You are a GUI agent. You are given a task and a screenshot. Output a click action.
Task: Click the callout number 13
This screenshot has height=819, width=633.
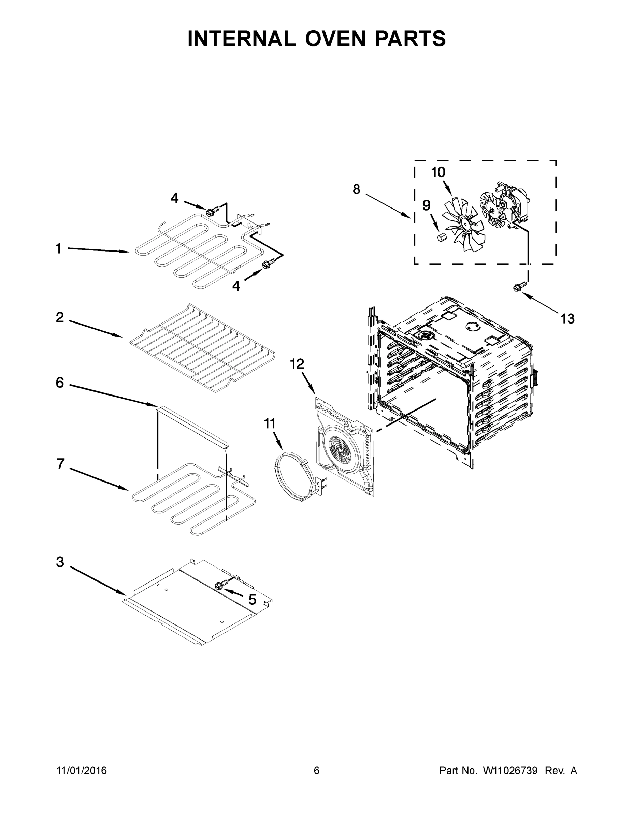point(567,319)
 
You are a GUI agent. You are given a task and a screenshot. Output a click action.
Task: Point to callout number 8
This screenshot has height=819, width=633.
point(356,190)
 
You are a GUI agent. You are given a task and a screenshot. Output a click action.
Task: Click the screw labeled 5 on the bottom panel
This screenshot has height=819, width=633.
point(221,585)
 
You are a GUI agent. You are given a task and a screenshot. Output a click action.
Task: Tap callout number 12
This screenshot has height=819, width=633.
point(297,364)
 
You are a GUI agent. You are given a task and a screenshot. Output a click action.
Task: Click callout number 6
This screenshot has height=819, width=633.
point(60,383)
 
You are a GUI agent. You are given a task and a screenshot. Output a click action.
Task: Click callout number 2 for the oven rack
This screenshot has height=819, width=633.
point(60,318)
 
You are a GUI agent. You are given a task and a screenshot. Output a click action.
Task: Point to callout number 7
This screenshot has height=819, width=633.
point(61,464)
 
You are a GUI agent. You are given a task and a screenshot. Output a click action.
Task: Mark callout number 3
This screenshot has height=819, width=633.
point(60,562)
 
